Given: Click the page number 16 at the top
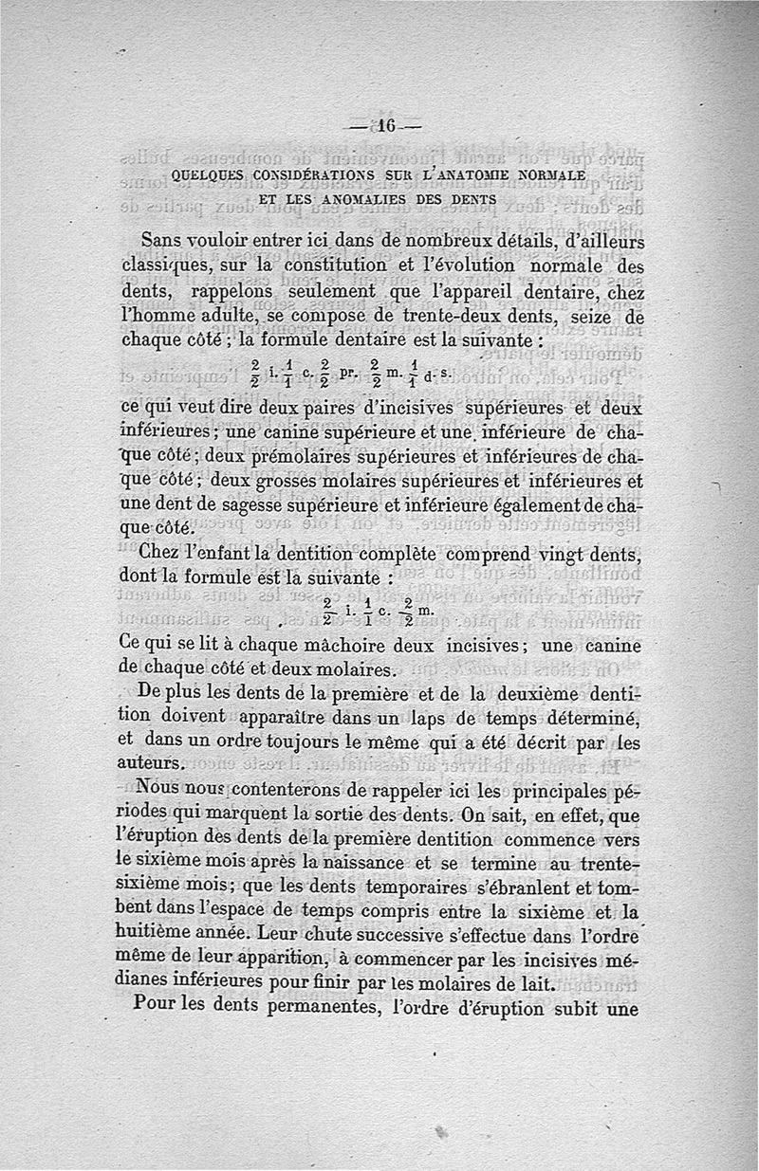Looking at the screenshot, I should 384,127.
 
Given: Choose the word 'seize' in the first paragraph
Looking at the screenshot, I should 602,318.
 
